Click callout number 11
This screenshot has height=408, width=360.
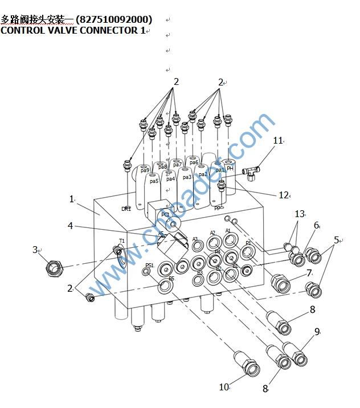278,140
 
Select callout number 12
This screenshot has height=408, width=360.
284,195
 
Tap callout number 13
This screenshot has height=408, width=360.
300,214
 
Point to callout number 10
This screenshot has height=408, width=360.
224,387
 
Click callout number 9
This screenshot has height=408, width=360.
317,331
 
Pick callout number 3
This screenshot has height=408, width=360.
35,250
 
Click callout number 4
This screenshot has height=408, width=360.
70,226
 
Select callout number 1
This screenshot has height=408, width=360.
72,199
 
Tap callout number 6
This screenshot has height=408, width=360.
317,225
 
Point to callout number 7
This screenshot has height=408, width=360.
309,273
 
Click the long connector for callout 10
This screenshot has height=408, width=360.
246,364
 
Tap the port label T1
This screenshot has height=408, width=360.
122,241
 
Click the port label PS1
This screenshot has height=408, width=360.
149,266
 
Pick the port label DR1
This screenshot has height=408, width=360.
126,209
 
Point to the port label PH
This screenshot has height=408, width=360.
230,168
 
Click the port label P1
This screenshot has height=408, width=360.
248,243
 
